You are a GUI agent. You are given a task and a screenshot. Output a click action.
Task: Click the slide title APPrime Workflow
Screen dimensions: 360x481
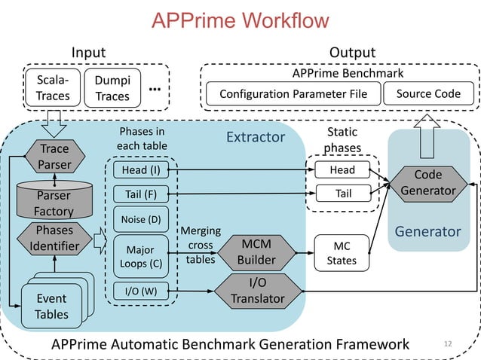(x=240, y=20)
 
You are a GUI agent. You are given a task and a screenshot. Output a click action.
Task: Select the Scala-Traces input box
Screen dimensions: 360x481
(x=53, y=87)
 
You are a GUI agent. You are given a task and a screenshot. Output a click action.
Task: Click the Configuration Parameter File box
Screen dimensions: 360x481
(x=293, y=94)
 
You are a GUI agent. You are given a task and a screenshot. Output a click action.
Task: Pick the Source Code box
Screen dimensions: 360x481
(x=428, y=94)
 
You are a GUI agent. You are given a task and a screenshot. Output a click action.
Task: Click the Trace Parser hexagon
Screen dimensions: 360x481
(x=54, y=157)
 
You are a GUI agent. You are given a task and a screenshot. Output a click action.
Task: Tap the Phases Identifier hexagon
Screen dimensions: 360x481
(x=54, y=238)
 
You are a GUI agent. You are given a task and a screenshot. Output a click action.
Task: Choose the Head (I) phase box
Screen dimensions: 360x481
(x=140, y=170)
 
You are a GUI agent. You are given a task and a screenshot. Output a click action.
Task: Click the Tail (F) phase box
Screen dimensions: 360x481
(x=140, y=194)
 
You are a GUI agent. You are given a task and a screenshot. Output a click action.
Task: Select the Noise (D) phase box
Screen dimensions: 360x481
(x=140, y=219)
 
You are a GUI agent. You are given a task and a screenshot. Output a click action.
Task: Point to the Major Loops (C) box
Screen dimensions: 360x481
(x=140, y=256)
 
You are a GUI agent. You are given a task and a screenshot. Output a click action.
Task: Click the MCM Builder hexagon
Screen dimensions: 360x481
(x=257, y=253)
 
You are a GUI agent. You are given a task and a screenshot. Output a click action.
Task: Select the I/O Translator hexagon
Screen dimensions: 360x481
(x=257, y=291)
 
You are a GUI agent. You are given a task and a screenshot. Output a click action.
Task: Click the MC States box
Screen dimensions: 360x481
(x=342, y=253)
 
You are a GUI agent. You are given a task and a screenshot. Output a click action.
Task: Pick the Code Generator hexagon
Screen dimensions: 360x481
(x=427, y=183)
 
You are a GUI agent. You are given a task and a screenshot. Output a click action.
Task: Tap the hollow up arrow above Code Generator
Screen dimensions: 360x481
(x=427, y=127)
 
